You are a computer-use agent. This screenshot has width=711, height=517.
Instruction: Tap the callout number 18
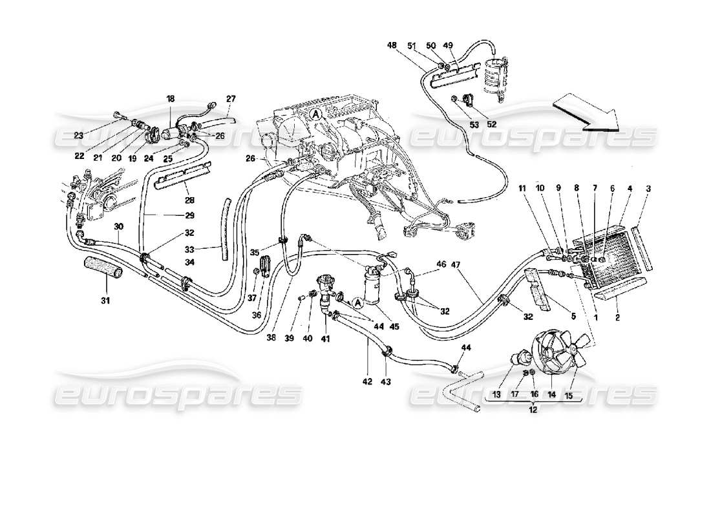(x=171, y=100)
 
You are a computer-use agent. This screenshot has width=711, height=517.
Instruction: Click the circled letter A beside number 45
(x=357, y=302)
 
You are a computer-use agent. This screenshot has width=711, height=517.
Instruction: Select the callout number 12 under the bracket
(x=533, y=410)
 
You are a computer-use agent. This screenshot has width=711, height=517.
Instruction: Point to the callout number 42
(x=368, y=382)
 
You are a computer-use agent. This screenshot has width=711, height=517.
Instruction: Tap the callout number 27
(x=231, y=99)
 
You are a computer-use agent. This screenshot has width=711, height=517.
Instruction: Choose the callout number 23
(x=78, y=136)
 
